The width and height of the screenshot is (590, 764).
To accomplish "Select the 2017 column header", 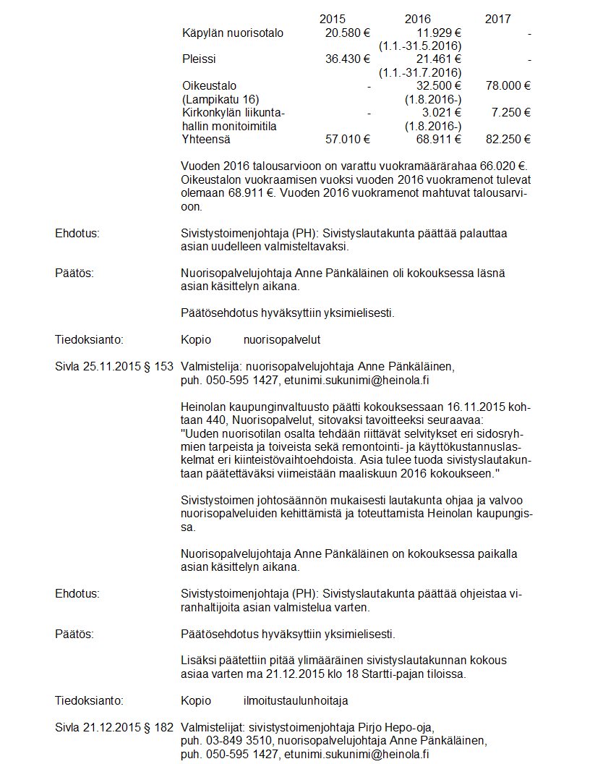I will point(497,19).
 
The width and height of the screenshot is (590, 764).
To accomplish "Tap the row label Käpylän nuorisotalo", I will point(233,33).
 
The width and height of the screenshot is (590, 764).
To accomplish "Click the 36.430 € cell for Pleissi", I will point(348,59).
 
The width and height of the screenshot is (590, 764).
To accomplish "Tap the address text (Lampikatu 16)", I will point(221,98).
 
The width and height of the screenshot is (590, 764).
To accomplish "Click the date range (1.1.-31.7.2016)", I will point(420,72).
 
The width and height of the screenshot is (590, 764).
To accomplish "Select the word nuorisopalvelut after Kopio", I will point(281,339).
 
